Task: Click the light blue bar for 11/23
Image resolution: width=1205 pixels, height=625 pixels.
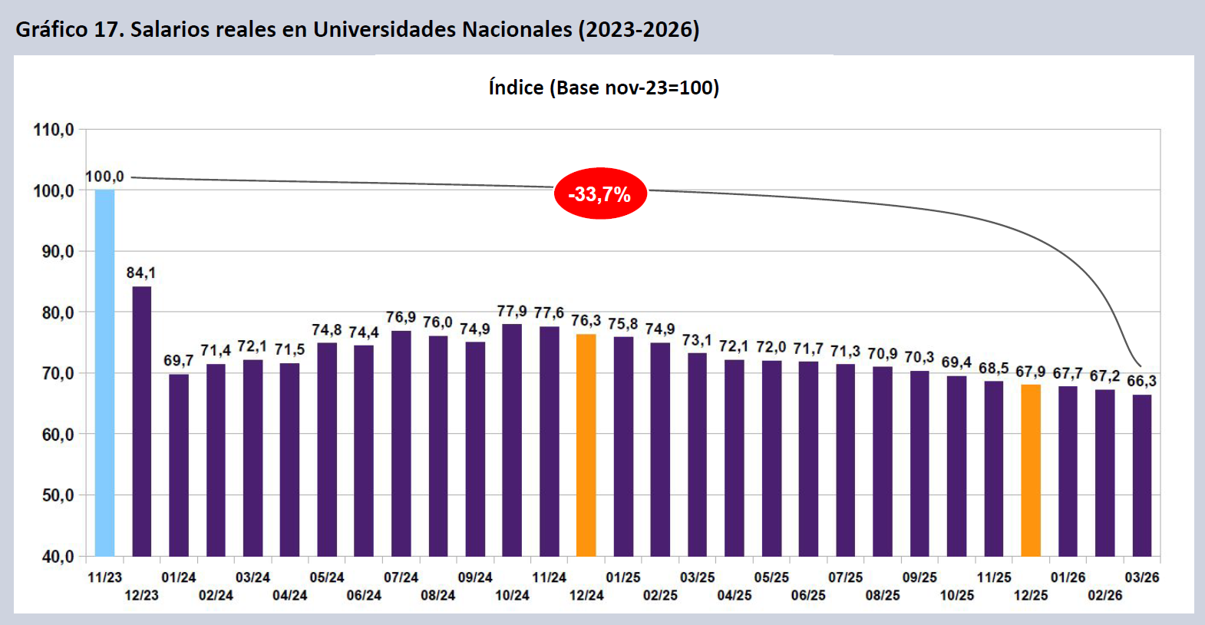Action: point(104,372)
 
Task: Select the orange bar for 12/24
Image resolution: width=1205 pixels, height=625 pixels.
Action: point(586,445)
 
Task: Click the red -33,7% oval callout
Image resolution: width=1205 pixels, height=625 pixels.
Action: point(600,193)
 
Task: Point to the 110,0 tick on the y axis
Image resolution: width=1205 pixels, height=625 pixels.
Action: point(54,130)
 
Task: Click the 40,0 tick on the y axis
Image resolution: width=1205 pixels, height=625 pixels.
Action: point(54,557)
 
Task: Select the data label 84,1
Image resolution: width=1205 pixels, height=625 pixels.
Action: point(141,273)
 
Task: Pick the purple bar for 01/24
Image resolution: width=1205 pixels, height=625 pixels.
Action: point(179,465)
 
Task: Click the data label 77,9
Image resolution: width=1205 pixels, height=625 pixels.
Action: point(512,312)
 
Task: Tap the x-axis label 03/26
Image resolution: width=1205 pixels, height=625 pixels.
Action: point(1141,577)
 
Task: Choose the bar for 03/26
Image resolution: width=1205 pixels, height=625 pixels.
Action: point(1141,475)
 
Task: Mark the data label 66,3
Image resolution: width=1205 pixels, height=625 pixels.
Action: point(1141,382)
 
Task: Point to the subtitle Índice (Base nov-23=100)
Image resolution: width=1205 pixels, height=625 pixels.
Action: point(604,88)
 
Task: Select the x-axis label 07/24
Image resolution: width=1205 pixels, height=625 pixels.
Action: point(401,577)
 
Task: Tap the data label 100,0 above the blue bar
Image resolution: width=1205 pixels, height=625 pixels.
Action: point(104,177)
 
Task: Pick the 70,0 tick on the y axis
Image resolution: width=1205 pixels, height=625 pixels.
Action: point(54,374)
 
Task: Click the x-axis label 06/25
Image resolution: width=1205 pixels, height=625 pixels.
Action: point(808,595)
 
